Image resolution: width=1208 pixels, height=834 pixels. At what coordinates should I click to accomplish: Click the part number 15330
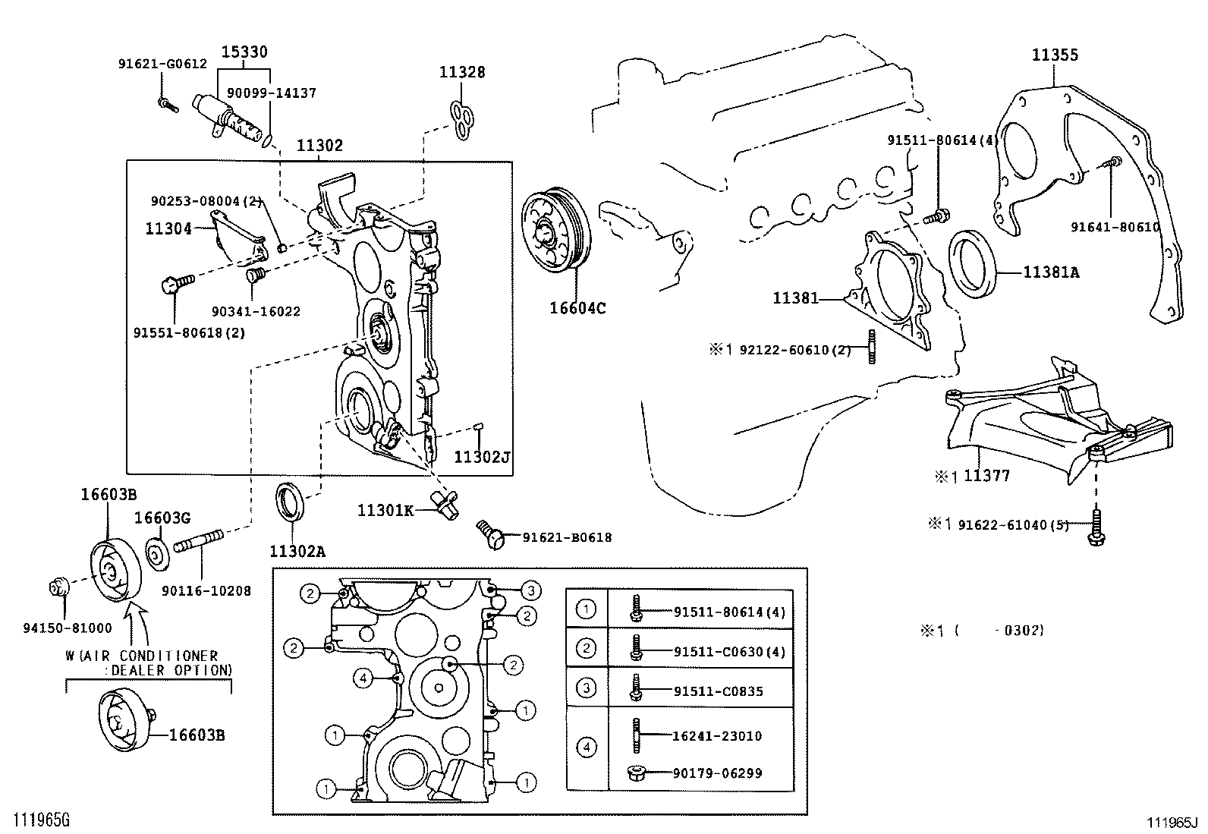point(244,52)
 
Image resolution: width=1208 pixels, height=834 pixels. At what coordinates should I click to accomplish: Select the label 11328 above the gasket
point(462,72)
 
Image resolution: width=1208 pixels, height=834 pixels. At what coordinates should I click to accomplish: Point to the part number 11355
point(1054,55)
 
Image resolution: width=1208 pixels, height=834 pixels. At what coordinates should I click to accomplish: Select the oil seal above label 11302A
point(291,502)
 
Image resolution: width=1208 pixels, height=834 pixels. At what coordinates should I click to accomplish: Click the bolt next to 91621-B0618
point(492,534)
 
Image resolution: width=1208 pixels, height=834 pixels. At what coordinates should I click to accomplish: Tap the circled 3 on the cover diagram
point(531,590)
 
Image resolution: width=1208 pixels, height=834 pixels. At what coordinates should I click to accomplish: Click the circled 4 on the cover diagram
point(363,677)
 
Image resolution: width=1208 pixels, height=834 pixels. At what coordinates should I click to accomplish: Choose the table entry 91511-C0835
point(718,691)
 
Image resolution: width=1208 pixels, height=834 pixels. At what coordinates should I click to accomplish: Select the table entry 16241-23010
point(717,735)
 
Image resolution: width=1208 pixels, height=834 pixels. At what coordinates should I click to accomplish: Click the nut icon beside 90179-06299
point(636,773)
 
